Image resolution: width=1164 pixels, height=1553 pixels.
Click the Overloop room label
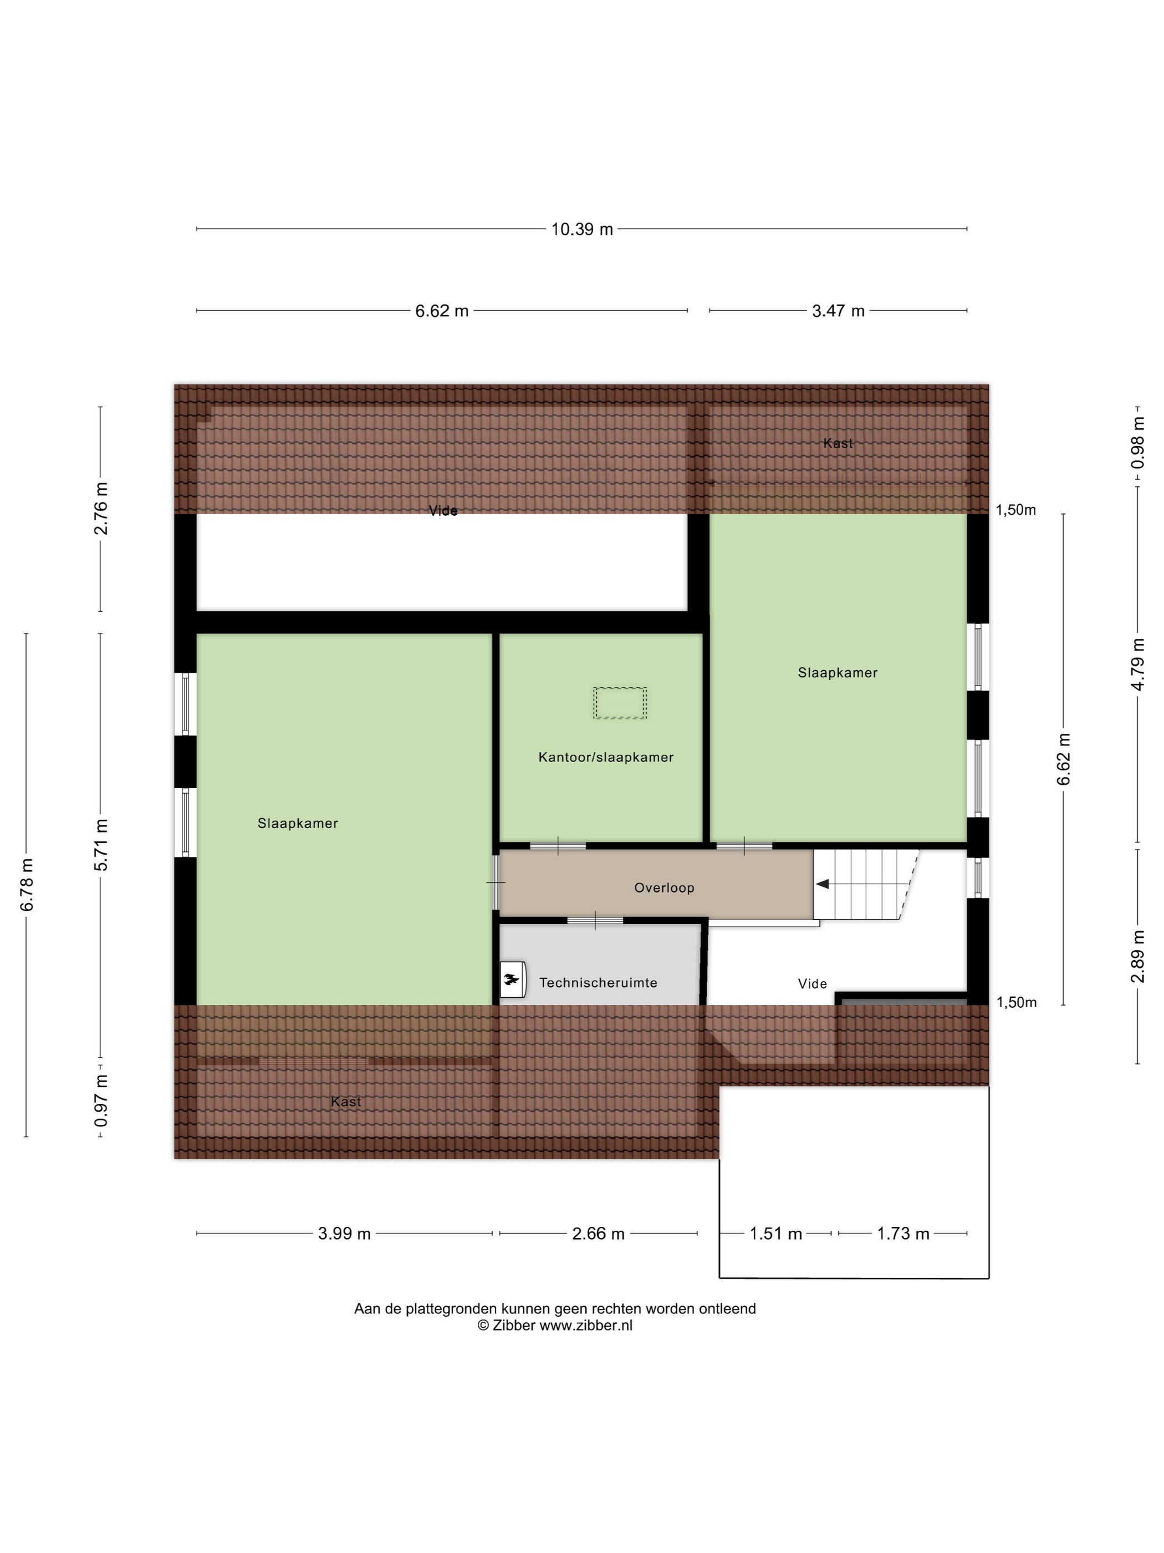663,887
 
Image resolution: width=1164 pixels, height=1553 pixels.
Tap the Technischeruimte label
598,982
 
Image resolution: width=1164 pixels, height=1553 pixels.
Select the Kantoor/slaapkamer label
605,757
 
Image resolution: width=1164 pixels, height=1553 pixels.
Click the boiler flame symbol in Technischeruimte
512,979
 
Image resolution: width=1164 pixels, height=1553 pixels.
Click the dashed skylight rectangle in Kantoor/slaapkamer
620,703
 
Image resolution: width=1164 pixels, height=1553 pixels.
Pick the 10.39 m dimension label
581,229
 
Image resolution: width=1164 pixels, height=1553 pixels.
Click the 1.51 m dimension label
775,1234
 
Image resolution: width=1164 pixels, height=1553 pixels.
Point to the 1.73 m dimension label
903,1234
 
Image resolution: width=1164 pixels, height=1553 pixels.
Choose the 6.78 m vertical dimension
27,885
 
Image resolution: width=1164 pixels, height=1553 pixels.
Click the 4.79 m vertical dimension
1137,664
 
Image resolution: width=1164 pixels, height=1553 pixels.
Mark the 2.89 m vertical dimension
1137,956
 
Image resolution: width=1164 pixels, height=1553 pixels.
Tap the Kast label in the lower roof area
346,1102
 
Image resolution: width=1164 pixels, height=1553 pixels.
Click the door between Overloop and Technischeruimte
595,920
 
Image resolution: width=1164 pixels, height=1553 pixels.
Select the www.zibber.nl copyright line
554,1326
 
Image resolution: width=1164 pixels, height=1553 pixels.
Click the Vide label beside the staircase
812,983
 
